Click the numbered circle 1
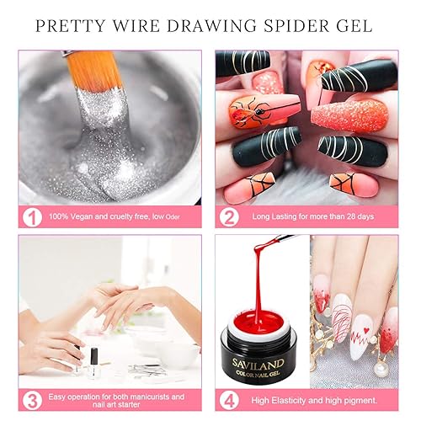31,216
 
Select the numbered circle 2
226,216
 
